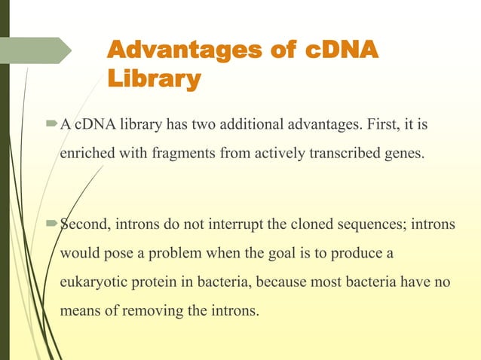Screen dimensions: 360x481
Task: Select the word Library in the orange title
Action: [x=155, y=78]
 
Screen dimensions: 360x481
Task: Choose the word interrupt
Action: [x=218, y=223]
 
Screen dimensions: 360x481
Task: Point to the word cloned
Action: [x=296, y=223]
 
